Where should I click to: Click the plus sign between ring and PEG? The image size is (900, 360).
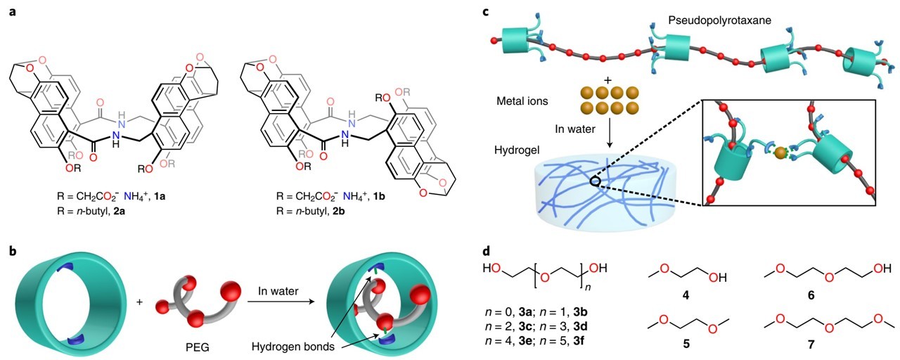click(x=140, y=302)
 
